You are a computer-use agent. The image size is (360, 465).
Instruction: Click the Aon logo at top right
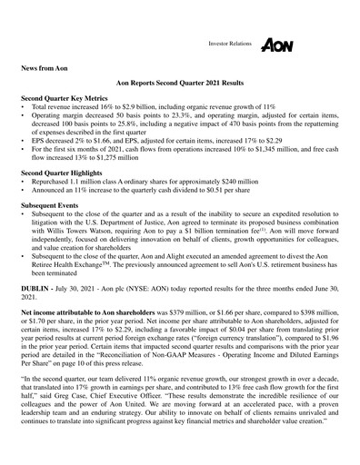[276, 45]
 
